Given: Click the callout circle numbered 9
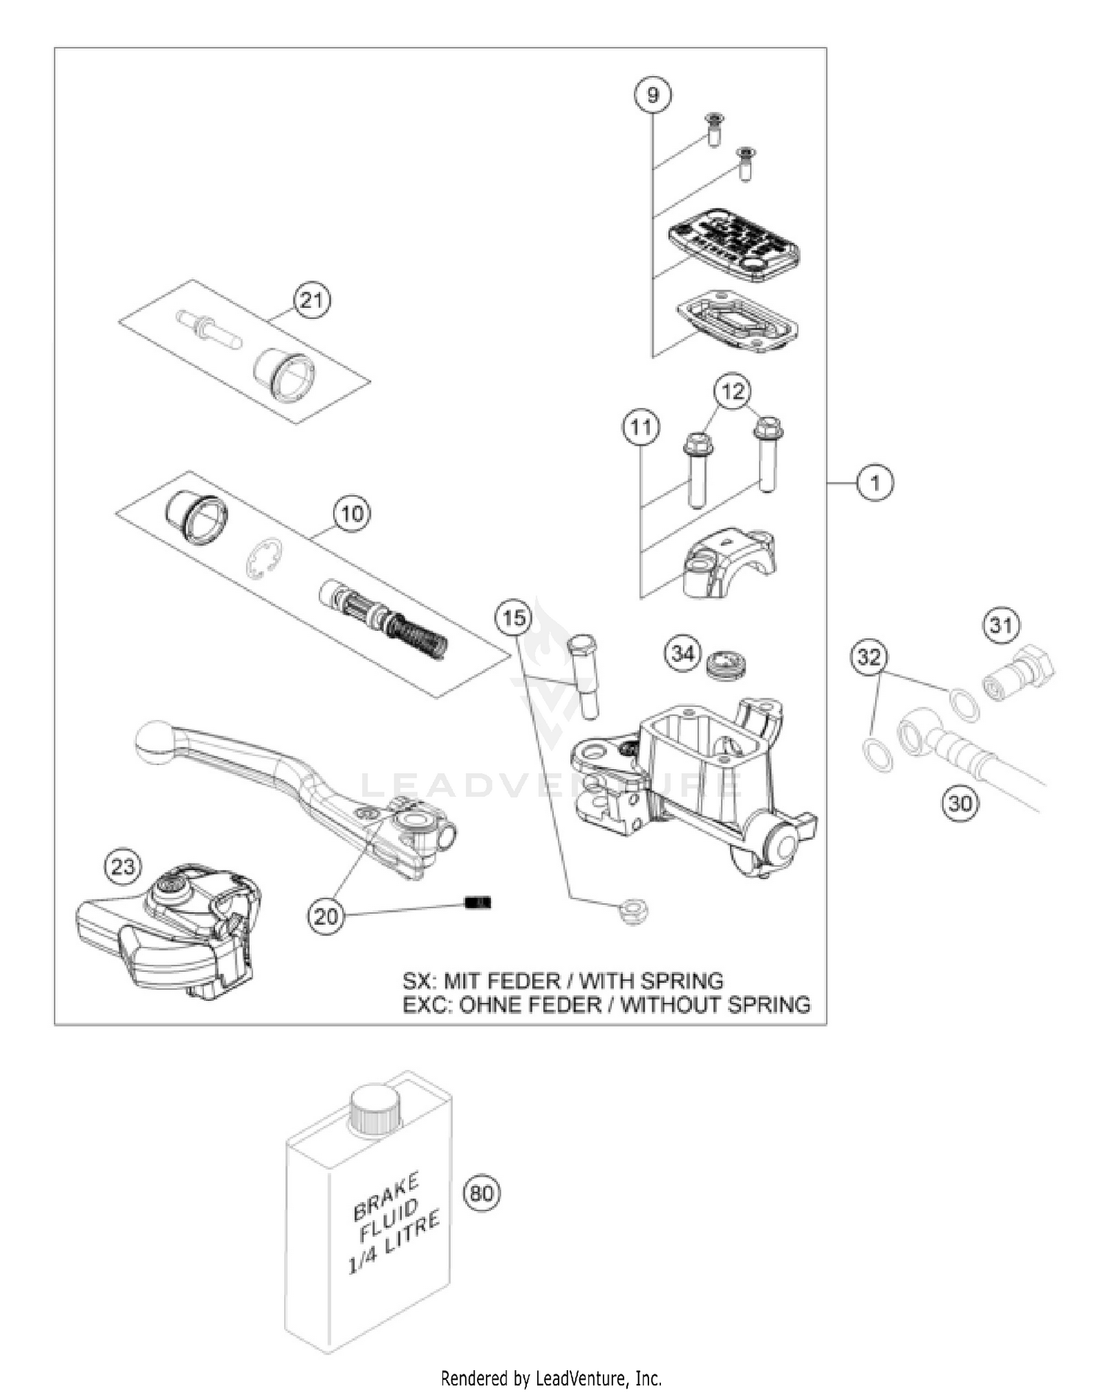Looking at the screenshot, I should pos(653,96).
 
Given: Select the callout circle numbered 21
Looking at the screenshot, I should pos(312,300).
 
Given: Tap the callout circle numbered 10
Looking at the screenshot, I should pos(352,513).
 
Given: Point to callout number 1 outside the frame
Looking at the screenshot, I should pos(874,483).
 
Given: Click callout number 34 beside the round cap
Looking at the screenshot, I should pos(682,652).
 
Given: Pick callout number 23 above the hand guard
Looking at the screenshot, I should pos(122,867).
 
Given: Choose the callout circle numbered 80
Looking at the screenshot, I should pos(481,1192).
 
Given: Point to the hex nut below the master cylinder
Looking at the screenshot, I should pos(632,913).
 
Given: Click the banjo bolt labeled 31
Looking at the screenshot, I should pos(1019,673).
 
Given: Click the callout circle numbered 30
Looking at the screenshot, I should pos(960,803).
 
